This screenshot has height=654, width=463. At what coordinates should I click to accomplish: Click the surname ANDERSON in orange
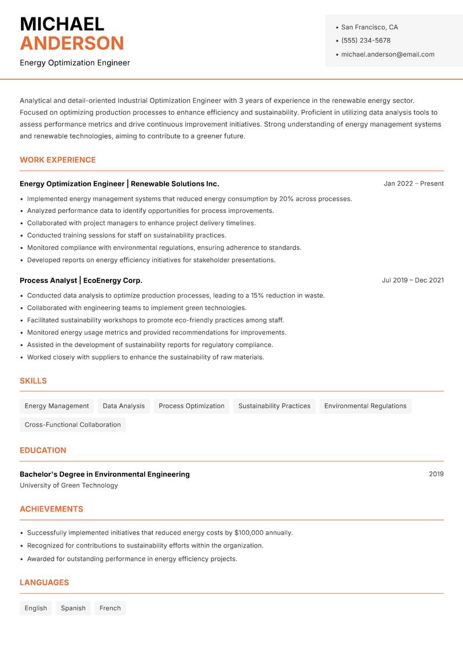click(x=72, y=43)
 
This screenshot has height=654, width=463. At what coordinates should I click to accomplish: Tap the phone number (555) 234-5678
click(x=366, y=41)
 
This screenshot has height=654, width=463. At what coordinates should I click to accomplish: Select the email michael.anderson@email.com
click(x=388, y=54)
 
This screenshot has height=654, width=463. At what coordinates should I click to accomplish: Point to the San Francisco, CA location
click(x=369, y=27)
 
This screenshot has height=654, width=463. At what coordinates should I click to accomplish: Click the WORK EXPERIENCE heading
click(x=58, y=160)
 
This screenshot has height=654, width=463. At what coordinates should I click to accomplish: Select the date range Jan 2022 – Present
click(x=413, y=183)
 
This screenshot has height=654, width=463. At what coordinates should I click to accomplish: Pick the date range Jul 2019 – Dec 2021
click(x=413, y=280)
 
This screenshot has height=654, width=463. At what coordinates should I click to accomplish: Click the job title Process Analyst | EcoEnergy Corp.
click(x=81, y=280)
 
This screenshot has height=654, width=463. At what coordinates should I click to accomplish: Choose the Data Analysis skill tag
click(x=124, y=406)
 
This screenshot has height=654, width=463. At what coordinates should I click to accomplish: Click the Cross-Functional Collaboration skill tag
click(x=73, y=424)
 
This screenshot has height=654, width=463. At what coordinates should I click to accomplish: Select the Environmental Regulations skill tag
click(x=365, y=406)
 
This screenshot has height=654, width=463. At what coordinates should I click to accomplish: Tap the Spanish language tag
click(x=73, y=608)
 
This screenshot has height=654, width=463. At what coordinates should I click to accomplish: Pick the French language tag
click(x=110, y=608)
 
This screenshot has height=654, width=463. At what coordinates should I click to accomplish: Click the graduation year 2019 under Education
click(x=436, y=474)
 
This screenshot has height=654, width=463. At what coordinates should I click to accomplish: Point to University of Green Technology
click(x=69, y=486)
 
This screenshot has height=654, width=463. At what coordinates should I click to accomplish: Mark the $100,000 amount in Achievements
click(x=249, y=532)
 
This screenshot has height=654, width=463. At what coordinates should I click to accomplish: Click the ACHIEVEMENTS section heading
click(x=52, y=509)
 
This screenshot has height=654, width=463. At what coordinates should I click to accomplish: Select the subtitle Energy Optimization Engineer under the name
click(x=75, y=63)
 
